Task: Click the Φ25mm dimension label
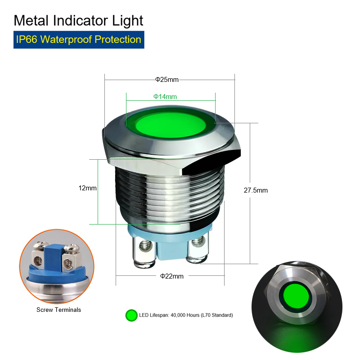(x=167, y=80)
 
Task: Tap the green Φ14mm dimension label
(x=165, y=97)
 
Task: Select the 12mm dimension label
(x=87, y=188)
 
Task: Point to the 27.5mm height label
(x=256, y=190)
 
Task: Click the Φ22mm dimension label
(x=172, y=276)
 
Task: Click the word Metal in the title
(x=31, y=20)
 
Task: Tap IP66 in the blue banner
(x=27, y=40)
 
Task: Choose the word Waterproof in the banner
(x=66, y=40)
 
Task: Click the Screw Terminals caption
(x=59, y=310)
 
